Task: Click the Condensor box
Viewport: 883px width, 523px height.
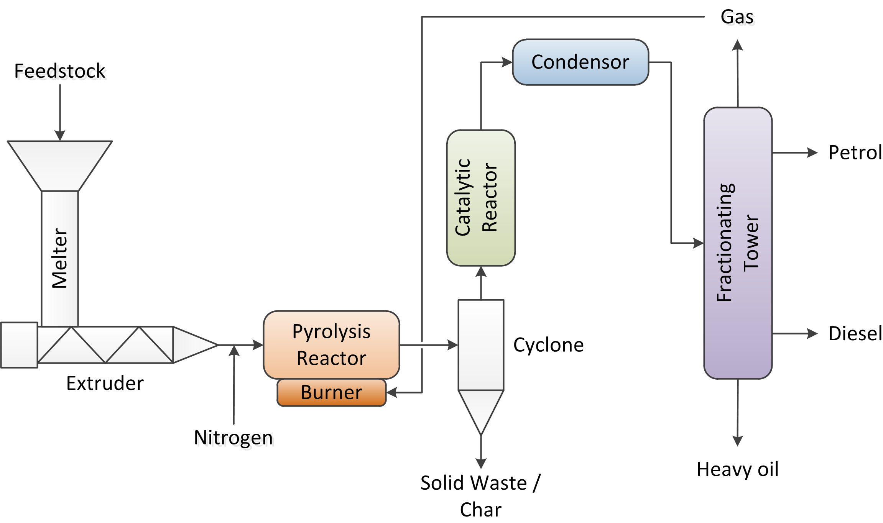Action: point(580,62)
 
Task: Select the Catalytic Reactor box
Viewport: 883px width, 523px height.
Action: point(481,198)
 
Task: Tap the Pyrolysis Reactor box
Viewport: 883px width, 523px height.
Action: point(331,344)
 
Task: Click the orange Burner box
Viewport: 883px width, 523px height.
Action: point(331,392)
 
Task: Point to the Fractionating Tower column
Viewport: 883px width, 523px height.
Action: point(738,243)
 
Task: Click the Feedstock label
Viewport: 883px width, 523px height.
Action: point(60,71)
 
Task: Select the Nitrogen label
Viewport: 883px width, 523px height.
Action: point(233,438)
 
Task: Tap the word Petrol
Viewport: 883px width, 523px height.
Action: point(855,152)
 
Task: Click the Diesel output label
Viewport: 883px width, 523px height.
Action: point(855,333)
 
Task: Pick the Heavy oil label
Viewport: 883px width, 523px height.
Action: point(737,469)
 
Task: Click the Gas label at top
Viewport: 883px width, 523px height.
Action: point(737,17)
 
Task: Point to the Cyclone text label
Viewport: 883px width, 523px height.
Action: point(548,345)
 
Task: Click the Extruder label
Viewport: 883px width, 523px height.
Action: point(105,383)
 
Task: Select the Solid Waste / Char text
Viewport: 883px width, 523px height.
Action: point(480,495)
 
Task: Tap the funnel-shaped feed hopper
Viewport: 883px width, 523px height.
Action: point(60,165)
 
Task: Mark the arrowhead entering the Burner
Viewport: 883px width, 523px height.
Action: point(391,392)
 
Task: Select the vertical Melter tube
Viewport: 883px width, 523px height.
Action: point(60,258)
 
